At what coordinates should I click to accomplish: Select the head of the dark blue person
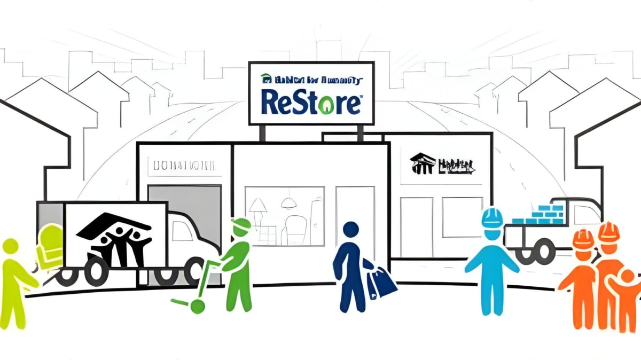click(350, 231)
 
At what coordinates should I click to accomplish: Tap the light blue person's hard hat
click(492, 217)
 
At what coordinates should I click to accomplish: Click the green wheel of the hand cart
click(197, 306)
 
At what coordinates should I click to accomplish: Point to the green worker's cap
click(241, 225)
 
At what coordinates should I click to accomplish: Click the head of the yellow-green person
click(11, 247)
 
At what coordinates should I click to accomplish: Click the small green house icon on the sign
click(265, 80)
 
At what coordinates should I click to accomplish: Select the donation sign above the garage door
click(184, 166)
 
